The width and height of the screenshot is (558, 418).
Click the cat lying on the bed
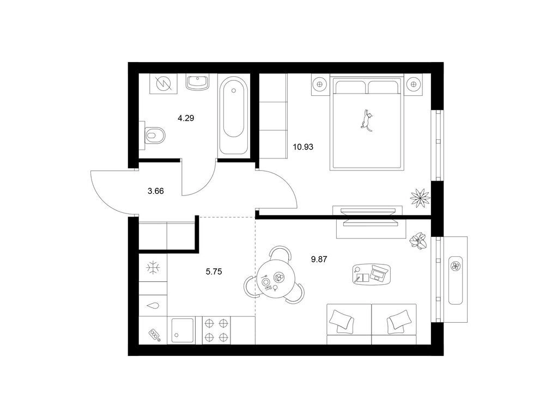[x=366, y=120]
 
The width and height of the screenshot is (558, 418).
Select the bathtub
[x=233, y=115]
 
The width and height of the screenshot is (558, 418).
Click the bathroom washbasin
[x=197, y=83]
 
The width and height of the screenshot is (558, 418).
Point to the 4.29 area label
[x=186, y=118]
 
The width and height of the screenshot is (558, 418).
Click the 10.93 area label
[x=303, y=146]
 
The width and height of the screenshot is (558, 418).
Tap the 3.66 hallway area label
[x=155, y=191]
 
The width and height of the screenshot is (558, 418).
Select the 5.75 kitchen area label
[x=214, y=272]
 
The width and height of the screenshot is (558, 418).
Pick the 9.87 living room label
[x=319, y=260]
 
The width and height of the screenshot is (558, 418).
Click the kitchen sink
[x=183, y=330]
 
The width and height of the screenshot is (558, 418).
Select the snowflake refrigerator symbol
[x=153, y=267]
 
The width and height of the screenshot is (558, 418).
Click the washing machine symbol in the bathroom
[x=163, y=84]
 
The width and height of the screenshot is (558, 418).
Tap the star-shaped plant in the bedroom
[x=420, y=197]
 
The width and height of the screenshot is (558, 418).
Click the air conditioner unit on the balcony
[x=455, y=280]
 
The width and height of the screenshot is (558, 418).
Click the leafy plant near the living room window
[x=418, y=241]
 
